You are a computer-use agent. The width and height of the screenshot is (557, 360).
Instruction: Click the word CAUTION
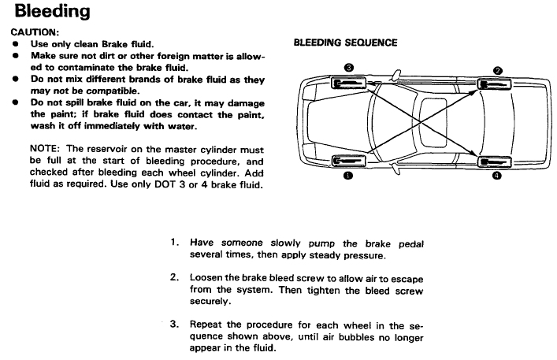click(33, 32)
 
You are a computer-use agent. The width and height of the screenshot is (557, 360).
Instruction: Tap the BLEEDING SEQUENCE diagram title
click(345, 43)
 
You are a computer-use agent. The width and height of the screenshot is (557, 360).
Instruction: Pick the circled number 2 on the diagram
click(497, 70)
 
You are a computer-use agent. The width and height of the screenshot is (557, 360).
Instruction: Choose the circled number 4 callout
click(496, 176)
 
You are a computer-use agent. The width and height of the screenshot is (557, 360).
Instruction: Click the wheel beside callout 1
click(347, 161)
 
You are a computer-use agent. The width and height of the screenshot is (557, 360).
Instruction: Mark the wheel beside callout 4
click(493, 161)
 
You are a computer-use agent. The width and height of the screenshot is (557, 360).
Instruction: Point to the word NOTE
click(45, 149)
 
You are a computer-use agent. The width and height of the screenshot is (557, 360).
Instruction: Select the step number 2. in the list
click(176, 278)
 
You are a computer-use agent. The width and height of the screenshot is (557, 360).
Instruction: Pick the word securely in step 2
click(210, 302)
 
